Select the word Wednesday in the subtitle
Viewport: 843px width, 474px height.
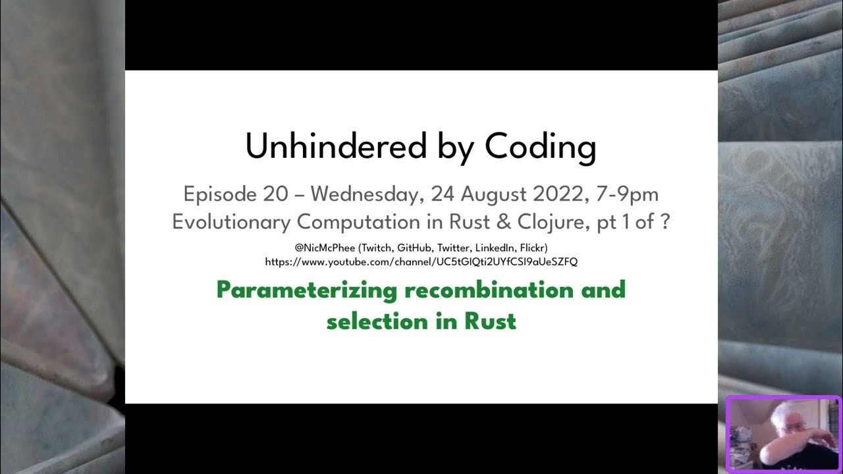pos(366,194)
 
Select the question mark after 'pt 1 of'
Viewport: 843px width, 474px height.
pos(665,222)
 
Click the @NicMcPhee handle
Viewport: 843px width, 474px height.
pos(323,248)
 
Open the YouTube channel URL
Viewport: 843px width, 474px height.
pos(421,261)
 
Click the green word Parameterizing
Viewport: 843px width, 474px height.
pos(306,290)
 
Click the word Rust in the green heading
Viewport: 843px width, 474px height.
pos(490,321)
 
